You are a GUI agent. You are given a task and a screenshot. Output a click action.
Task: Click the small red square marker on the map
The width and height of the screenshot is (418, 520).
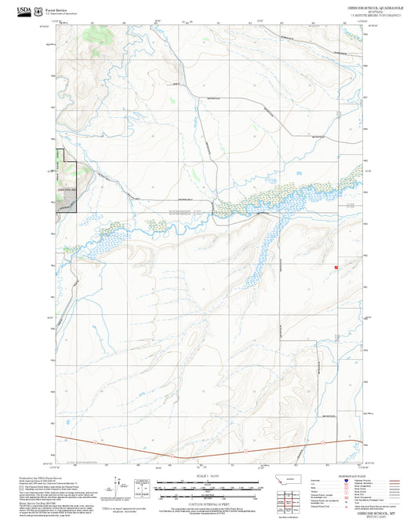click(x=336, y=267)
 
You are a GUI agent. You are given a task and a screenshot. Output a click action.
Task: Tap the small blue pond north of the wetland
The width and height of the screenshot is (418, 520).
click(x=298, y=173)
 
